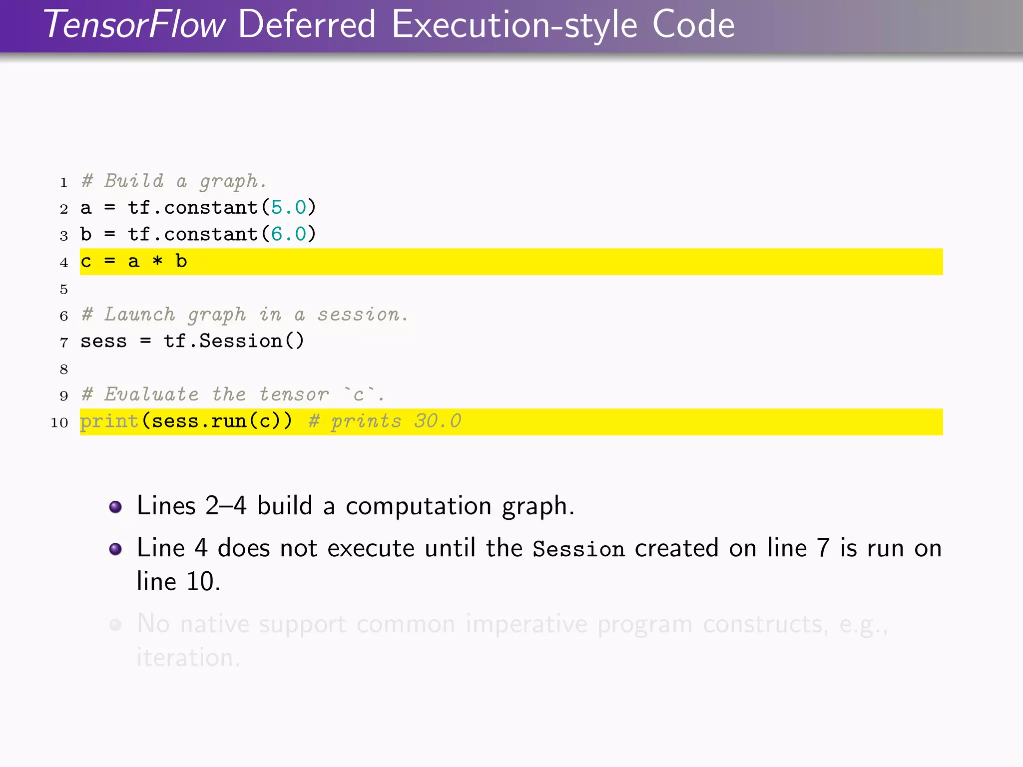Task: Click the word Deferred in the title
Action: point(307,25)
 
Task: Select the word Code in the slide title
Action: point(693,25)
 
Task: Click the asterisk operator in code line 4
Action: point(157,262)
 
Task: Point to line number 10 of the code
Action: point(59,422)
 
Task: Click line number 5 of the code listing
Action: point(64,289)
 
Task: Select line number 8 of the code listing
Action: point(64,370)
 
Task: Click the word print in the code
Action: point(109,421)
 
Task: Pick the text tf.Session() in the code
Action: point(234,341)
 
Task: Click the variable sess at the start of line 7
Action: point(103,342)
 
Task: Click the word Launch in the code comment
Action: point(140,315)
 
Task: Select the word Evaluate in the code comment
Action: point(151,394)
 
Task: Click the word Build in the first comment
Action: point(134,181)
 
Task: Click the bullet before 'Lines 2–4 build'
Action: point(115,507)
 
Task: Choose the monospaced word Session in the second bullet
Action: point(578,549)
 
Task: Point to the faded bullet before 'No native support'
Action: point(115,625)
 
